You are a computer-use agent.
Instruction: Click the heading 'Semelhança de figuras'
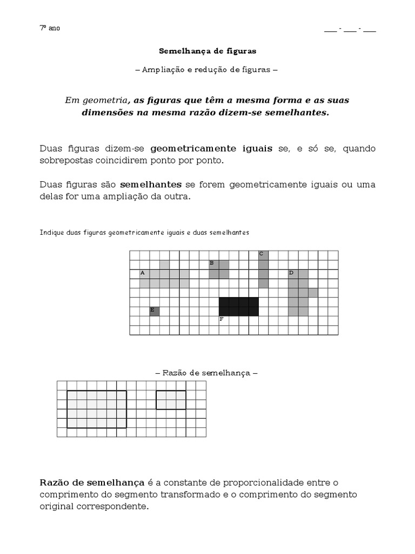207,51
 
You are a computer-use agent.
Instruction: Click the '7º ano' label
50,28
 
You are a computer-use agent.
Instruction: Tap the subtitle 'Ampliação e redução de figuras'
207,70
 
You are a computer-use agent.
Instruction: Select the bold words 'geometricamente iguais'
211,148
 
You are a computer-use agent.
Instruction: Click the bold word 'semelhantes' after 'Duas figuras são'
150,184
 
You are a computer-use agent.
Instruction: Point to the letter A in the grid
143,273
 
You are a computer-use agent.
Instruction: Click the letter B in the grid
212,263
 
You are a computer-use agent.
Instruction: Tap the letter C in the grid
261,253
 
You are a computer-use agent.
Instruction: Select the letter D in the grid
291,273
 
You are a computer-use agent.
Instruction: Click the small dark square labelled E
155,311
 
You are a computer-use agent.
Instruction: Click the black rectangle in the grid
238,306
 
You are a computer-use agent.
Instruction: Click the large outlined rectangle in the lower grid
97,409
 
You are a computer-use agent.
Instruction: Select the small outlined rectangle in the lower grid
171,400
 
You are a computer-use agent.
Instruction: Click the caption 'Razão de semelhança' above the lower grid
206,373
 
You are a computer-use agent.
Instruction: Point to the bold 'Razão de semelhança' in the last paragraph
92,483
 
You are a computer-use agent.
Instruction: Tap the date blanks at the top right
350,30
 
